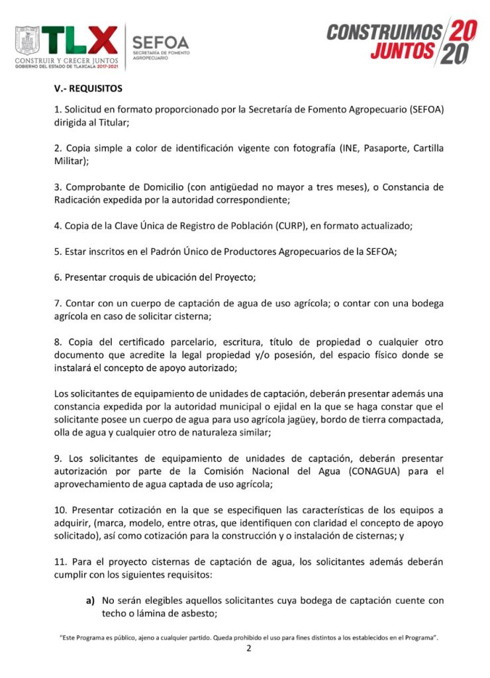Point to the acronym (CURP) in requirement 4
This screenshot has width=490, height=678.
[x=282, y=225]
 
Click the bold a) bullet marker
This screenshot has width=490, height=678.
[x=90, y=601]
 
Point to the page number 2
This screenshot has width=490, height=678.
[x=248, y=650]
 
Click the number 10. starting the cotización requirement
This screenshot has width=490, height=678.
[x=61, y=510]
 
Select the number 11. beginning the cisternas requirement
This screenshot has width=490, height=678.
[x=61, y=561]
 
